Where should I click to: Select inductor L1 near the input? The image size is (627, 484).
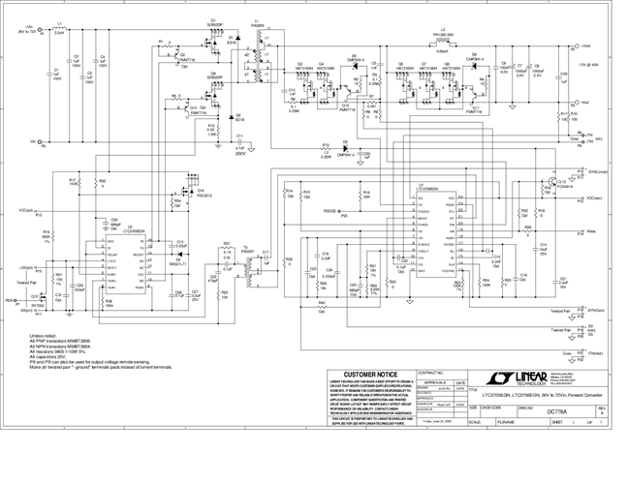coord(59,31)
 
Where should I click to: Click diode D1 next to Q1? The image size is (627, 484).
coord(231,39)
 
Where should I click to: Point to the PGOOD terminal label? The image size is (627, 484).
coord(330,210)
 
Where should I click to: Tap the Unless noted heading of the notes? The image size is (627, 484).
coord(45,336)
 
